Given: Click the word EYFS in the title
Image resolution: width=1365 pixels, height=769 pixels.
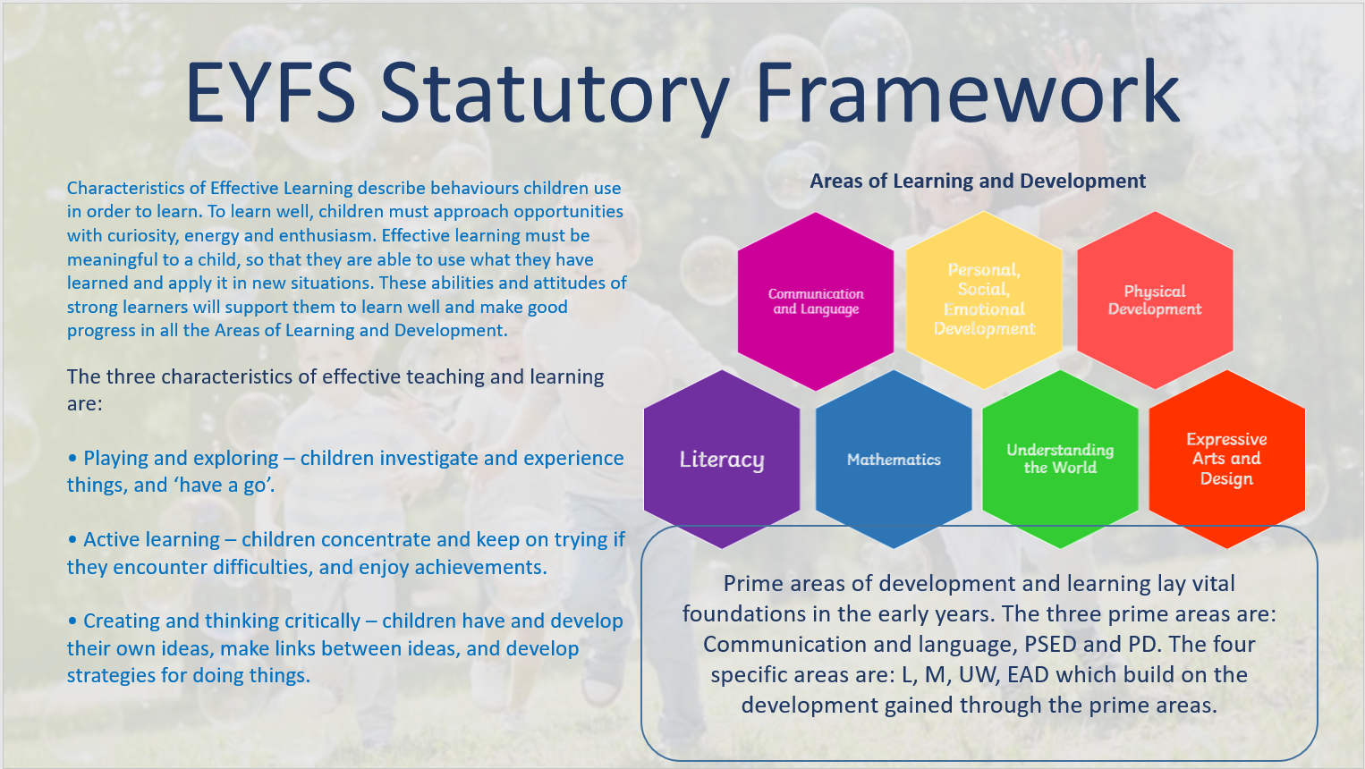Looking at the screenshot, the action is pos(270,93).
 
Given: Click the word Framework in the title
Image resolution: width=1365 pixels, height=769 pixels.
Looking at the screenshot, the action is pos(967,93).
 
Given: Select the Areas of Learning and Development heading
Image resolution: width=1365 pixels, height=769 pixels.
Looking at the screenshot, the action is pos(978,181).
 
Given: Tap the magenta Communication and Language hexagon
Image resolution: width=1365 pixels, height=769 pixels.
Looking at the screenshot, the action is pos(816,301).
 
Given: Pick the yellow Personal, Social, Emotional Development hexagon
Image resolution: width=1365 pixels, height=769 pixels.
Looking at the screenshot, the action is pos(984,300).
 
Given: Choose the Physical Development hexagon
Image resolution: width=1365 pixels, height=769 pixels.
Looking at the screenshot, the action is pos(1155,300).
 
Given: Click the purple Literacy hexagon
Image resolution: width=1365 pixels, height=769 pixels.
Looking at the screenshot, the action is pos(722,459).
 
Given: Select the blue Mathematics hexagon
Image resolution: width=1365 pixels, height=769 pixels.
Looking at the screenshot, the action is pos(894,459).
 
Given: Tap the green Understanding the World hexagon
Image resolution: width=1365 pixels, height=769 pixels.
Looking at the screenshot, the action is pos(1060,459).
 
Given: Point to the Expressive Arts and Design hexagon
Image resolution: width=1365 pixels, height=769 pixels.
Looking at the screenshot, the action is pos(1226,459).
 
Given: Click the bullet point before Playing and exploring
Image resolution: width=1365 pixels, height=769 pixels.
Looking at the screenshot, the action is pos(72,459).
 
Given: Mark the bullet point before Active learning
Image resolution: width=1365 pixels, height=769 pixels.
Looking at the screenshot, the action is pos(72,540).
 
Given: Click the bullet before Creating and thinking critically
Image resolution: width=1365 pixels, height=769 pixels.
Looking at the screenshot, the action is pos(72,621).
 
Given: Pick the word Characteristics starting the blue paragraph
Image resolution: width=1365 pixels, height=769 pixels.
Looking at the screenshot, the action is pos(126,189).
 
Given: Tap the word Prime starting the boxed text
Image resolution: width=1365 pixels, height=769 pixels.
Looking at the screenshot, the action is pos(753,584).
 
